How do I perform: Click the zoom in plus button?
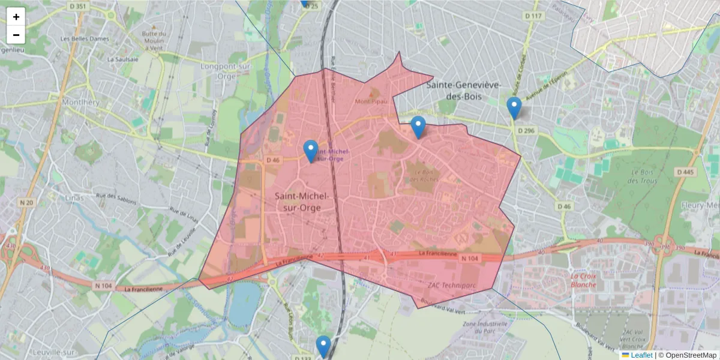coord(16,17)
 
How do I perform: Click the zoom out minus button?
coord(16,35)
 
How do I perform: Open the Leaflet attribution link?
coord(641,355)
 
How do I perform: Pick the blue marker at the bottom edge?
coord(323,346)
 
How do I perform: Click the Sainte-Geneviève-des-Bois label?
coord(463,91)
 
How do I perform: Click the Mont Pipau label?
coord(372,101)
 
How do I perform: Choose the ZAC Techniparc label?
coord(451,285)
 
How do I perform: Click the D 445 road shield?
coord(685,172)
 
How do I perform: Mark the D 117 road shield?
coord(533,16)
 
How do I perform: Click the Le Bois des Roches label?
coord(424,175)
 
